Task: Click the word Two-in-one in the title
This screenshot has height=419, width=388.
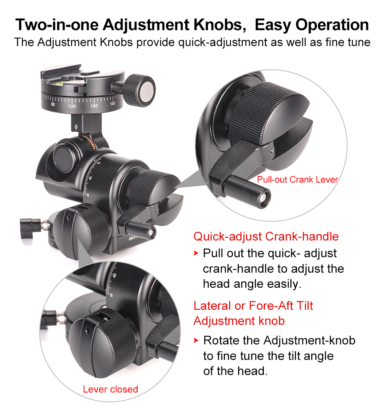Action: [x=57, y=24]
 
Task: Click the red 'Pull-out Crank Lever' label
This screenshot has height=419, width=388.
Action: [x=297, y=179]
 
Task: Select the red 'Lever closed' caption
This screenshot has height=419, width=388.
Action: [x=110, y=389]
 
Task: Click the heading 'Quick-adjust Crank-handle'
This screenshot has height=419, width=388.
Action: [x=266, y=236]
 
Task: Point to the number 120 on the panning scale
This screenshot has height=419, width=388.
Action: [x=72, y=106]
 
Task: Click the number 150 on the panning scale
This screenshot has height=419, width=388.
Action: [x=94, y=106]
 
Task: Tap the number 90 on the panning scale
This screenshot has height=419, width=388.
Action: [x=53, y=104]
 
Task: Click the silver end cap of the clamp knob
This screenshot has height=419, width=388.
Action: [x=147, y=91]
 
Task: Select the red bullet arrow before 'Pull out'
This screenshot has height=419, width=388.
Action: [x=196, y=253]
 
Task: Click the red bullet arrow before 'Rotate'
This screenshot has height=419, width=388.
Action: [x=196, y=340]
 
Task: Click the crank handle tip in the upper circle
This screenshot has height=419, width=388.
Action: [x=263, y=198]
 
